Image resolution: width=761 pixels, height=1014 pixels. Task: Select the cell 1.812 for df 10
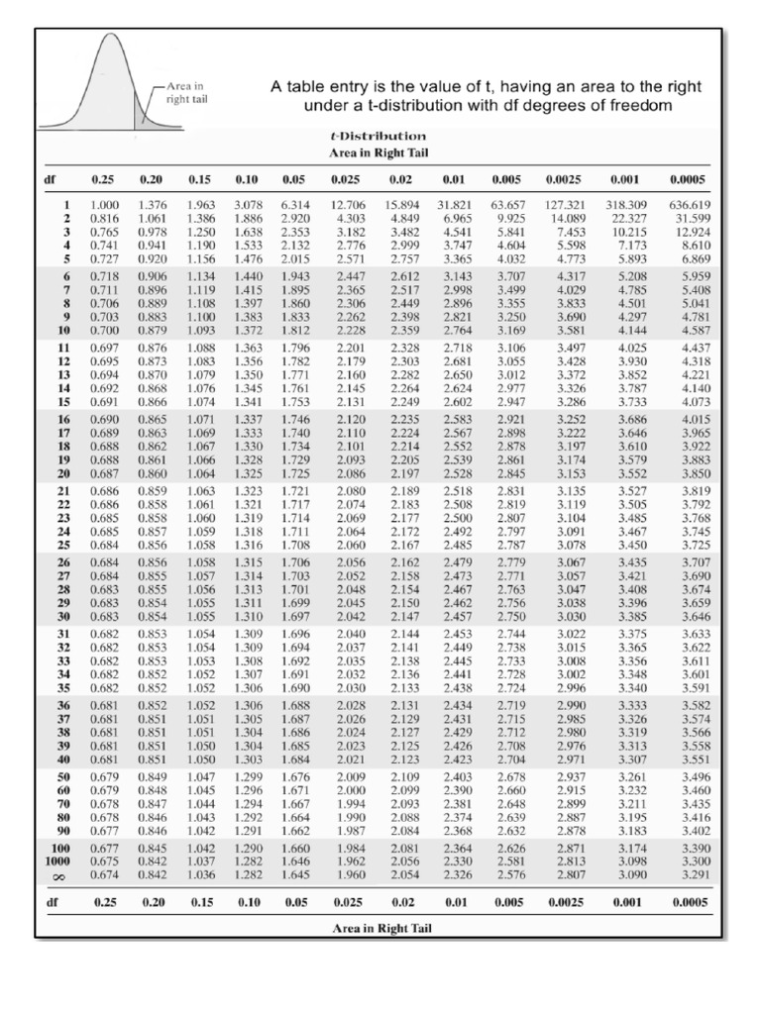[x=295, y=330]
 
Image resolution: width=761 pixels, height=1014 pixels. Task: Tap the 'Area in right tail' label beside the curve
[x=187, y=93]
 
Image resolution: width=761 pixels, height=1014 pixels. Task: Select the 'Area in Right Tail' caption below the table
[x=380, y=928]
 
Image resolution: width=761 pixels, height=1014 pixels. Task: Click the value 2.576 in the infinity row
[x=510, y=874]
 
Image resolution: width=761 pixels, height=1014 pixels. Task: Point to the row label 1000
[x=60, y=862]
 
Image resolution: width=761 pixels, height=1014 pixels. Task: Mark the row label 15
[x=65, y=403]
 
